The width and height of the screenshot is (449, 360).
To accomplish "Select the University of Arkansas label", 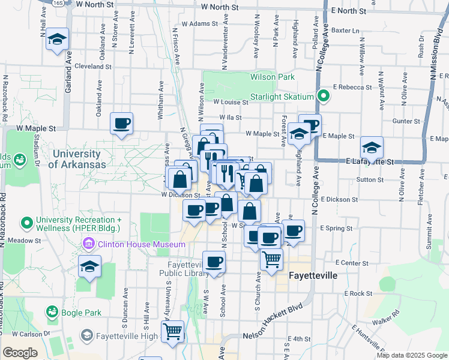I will (77, 159).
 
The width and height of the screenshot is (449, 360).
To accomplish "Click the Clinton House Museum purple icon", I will (88, 245).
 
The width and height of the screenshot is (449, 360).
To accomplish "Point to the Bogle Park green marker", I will (52, 312).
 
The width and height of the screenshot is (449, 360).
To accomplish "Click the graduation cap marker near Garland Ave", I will (58, 40).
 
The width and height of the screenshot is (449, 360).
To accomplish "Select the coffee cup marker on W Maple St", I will (122, 124).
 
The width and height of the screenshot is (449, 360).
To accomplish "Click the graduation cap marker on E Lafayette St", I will (372, 148).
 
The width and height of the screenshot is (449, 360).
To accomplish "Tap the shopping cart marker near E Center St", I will (272, 260).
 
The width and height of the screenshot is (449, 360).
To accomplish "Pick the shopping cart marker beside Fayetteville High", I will (173, 331).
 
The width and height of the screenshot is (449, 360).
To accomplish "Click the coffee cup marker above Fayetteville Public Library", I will (214, 262).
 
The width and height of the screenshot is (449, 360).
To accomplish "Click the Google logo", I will (20, 353).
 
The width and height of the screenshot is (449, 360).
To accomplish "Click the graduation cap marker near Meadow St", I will (89, 266).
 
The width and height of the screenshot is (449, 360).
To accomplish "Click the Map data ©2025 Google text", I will (411, 355).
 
